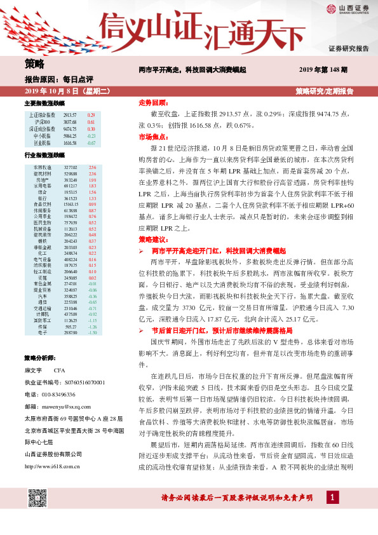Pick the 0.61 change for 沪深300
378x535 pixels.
click(x=91, y=122)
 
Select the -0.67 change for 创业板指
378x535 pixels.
click(x=91, y=143)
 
